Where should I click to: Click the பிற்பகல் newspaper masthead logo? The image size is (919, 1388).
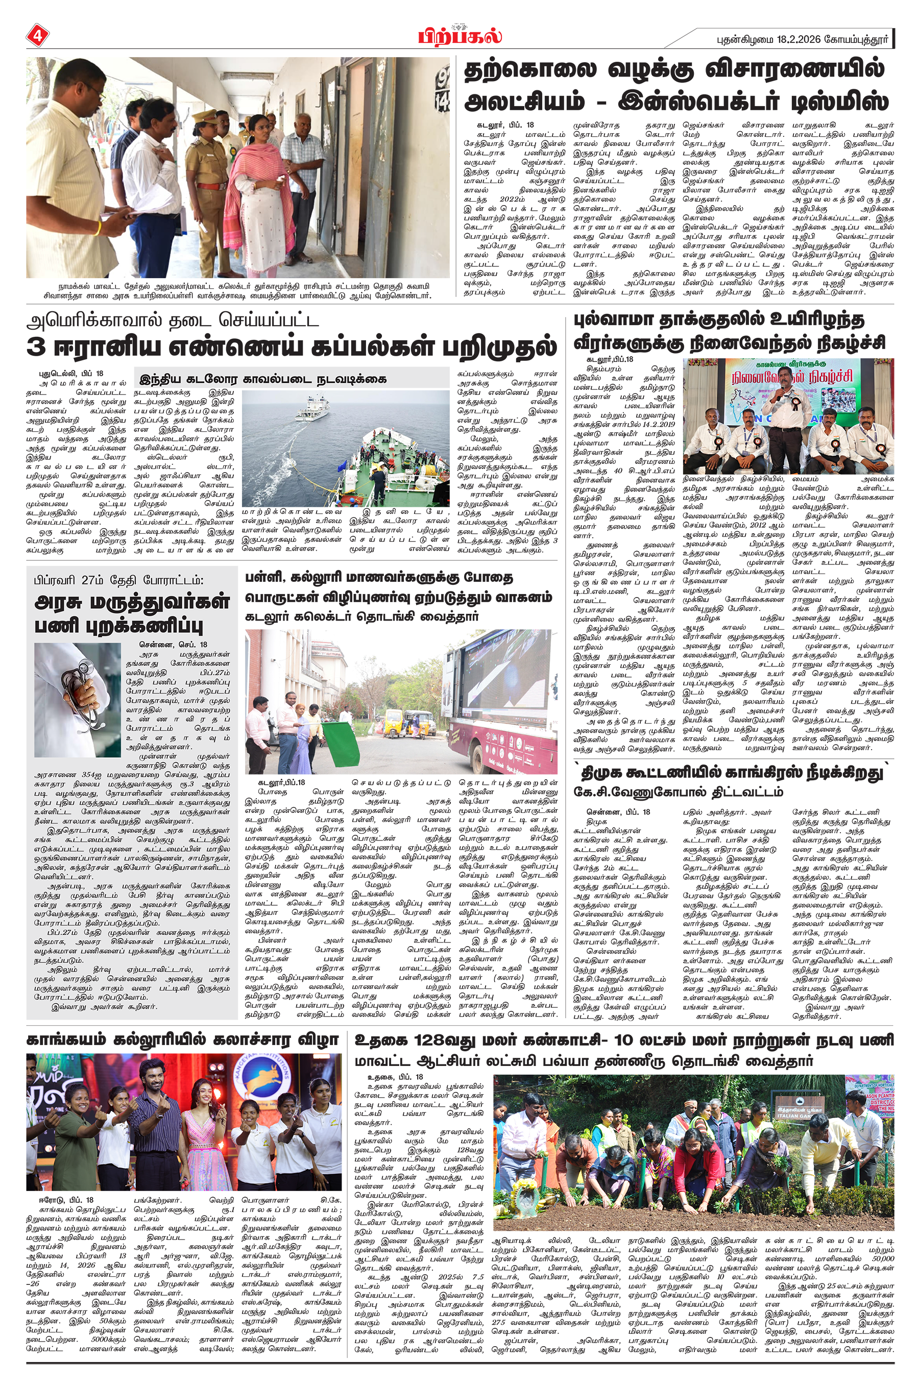pos(459,36)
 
